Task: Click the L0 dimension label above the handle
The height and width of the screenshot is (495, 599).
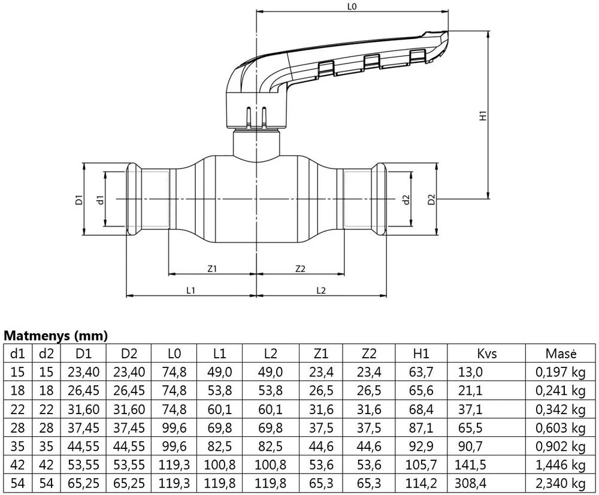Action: (352, 7)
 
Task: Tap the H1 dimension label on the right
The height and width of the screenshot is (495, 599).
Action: (483, 116)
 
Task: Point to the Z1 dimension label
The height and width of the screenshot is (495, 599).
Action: (212, 268)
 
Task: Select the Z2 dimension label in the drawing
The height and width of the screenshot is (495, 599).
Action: (301, 268)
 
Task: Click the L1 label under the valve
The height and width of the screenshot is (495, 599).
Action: (190, 291)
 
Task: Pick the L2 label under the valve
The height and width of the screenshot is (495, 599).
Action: (321, 291)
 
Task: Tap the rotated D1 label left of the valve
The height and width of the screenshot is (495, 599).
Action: (79, 200)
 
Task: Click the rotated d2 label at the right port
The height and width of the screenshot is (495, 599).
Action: (406, 200)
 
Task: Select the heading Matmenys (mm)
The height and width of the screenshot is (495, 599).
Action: (56, 336)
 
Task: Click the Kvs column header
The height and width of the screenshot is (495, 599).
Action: (487, 354)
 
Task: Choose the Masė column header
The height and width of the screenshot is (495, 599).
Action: (561, 354)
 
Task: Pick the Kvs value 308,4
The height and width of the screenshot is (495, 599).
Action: (471, 483)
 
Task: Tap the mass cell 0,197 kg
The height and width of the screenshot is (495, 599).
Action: (561, 372)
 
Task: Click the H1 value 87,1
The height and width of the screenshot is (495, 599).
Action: (421, 427)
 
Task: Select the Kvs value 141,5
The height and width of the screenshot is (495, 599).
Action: (470, 464)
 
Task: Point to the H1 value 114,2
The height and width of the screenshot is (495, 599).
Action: (421, 483)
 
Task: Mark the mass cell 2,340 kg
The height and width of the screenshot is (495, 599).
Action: (561, 483)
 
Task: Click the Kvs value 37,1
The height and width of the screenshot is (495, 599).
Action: (470, 409)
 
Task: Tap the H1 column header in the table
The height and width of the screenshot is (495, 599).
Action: (421, 354)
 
